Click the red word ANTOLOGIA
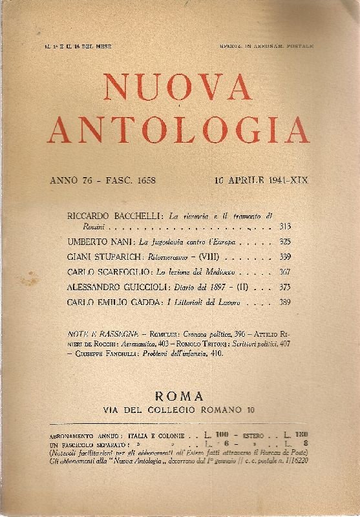178,129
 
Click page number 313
284,228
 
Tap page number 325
284,242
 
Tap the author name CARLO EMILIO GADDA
116,302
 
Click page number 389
284,302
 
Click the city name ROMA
180,395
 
